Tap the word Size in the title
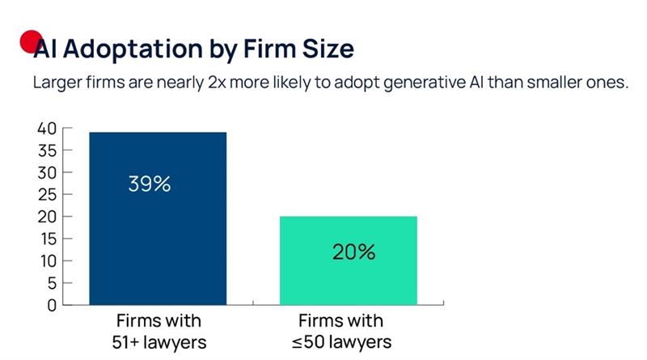click(327, 49)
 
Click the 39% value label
click(149, 184)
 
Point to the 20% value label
click(353, 252)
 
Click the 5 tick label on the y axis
click(50, 283)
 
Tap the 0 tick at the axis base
click(50, 305)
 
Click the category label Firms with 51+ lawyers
click(159, 331)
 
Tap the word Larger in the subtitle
click(60, 83)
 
